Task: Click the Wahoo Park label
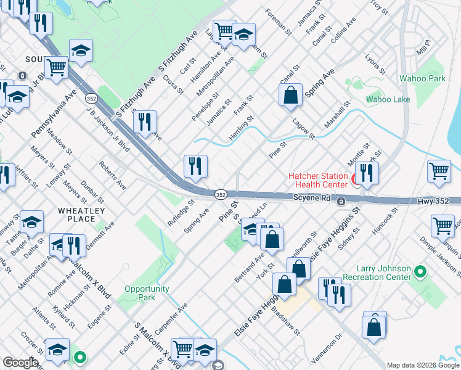tap(422, 79)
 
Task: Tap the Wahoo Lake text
tap(388, 99)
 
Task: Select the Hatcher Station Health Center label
tap(318, 181)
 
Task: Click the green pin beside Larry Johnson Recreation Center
tap(420, 271)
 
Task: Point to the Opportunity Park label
tap(147, 293)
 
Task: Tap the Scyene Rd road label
tap(309, 200)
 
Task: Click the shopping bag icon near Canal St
tap(290, 96)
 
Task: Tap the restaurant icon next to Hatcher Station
tap(367, 173)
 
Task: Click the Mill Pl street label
tap(423, 49)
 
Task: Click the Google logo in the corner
tap(20, 363)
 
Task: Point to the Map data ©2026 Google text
tap(422, 365)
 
